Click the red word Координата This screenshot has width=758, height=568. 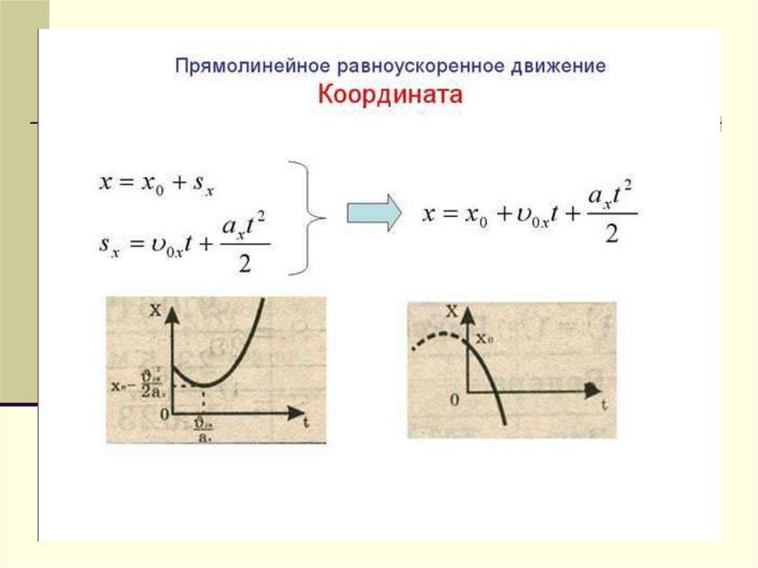pyautogui.click(x=390, y=96)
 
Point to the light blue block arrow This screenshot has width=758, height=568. pyautogui.click(x=374, y=213)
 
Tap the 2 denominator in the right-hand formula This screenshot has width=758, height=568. pyautogui.click(x=611, y=235)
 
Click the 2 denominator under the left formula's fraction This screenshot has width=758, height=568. pyautogui.click(x=245, y=264)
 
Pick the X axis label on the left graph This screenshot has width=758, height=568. pyautogui.click(x=155, y=311)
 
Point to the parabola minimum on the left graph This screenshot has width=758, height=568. pyautogui.click(x=204, y=385)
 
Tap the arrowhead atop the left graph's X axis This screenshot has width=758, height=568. pyautogui.click(x=172, y=313)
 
